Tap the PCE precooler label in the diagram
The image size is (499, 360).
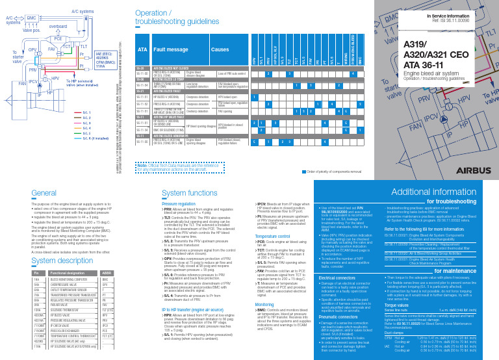click(x=58, y=40)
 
